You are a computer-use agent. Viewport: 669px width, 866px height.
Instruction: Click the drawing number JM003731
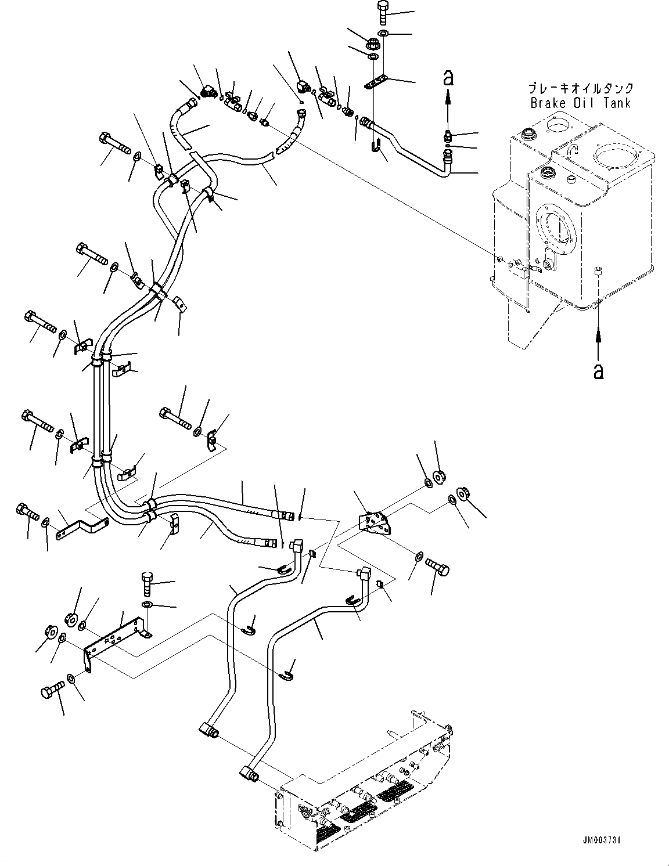coord(603,840)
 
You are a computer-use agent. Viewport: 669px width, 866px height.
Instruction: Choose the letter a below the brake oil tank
coord(599,370)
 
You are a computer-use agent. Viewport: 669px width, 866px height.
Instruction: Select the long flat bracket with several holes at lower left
coord(114,639)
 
